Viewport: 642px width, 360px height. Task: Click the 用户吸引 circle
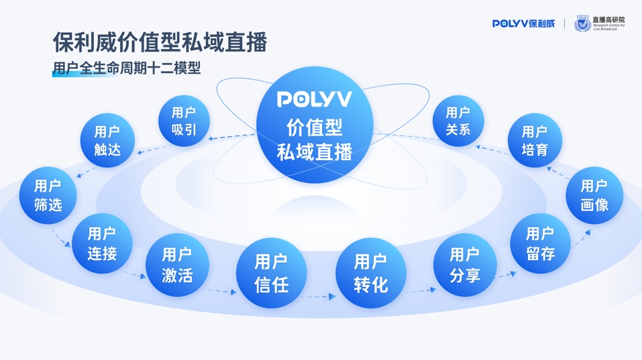tap(184, 121)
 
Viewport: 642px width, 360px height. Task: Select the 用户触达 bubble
tap(107, 141)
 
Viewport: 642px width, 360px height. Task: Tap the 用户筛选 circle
tap(48, 195)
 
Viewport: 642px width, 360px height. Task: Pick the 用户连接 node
tap(102, 243)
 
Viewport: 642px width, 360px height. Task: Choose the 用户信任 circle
tap(271, 273)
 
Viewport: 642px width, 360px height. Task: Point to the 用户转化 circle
tap(371, 273)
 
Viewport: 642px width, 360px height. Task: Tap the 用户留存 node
tap(540, 243)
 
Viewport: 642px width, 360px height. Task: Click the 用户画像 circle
tap(594, 195)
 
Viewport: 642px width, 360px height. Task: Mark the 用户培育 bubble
tap(534, 141)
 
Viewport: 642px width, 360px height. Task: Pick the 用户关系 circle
tap(458, 121)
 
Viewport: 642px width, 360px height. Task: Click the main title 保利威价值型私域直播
tap(160, 42)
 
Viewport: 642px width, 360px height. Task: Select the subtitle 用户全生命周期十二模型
tap(127, 68)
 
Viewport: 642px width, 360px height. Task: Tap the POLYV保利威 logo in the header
tap(523, 23)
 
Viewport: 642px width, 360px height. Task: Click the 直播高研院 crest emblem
tap(582, 24)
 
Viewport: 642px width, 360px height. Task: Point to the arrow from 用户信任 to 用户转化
tap(320, 296)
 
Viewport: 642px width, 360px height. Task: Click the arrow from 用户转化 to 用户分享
tap(421, 290)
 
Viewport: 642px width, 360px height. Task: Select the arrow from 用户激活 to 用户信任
tap(221, 291)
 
